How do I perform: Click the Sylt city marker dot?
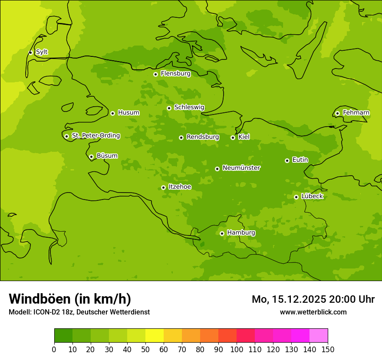[30, 52]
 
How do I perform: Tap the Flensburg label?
[175, 74]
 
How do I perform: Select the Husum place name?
[128, 113]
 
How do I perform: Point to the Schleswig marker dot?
[169, 108]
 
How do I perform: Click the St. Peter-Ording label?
[95, 136]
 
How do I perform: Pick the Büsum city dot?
[91, 157]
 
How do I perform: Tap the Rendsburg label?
[202, 137]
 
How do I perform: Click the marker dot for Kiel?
[233, 137]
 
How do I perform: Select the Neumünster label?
[241, 168]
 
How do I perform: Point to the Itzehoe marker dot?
[163, 187]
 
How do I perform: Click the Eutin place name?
[300, 160]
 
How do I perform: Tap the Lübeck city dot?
[296, 197]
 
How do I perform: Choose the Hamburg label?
[241, 233]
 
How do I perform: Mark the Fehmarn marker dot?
[337, 113]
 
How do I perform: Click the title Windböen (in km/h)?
[70, 299]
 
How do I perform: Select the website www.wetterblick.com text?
[313, 312]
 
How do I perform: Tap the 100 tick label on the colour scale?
[237, 350]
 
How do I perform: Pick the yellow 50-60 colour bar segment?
[155, 336]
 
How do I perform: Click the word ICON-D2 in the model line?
[46, 312]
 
